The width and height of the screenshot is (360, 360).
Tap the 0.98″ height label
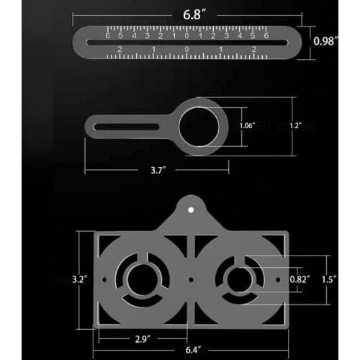[x=328, y=41]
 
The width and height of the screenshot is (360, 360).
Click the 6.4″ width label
[x=193, y=351]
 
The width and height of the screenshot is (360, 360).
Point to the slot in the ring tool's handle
[x=129, y=127]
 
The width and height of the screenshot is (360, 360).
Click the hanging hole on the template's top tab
[x=191, y=210]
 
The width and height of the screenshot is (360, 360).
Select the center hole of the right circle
[x=238, y=279]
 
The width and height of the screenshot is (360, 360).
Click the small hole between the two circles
[x=191, y=279]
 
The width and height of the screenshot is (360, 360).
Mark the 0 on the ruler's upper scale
[x=187, y=35]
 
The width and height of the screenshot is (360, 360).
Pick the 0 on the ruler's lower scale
[x=187, y=50]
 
